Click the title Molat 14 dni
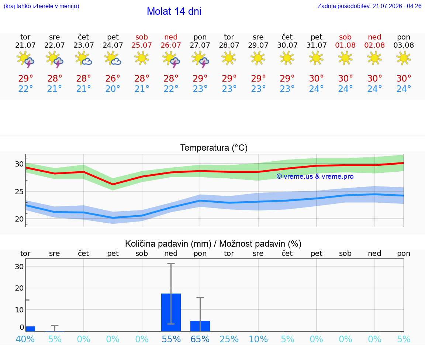pyautogui.click(x=174, y=11)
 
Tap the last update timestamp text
pyautogui.click(x=369, y=6)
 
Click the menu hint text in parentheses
pyautogui.click(x=41, y=6)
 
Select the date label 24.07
pyautogui.click(x=113, y=45)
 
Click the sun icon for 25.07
pyautogui.click(x=142, y=58)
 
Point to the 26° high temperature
pyautogui.click(x=113, y=78)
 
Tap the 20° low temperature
pyautogui.click(x=113, y=89)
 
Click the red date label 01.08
pyautogui.click(x=345, y=45)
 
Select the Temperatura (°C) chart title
pyautogui.click(x=214, y=148)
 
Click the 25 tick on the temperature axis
pyautogui.click(x=19, y=192)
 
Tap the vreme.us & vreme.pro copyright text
pyautogui.click(x=315, y=176)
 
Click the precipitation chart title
pyautogui.click(x=213, y=244)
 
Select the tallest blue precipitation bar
pyautogui.click(x=171, y=312)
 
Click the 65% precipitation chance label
pyautogui.click(x=200, y=339)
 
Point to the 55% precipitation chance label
pyautogui.click(x=171, y=339)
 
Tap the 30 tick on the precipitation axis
pyautogui.click(x=19, y=267)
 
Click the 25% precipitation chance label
pyautogui.click(x=229, y=339)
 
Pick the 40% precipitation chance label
pyautogui.click(x=25, y=339)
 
